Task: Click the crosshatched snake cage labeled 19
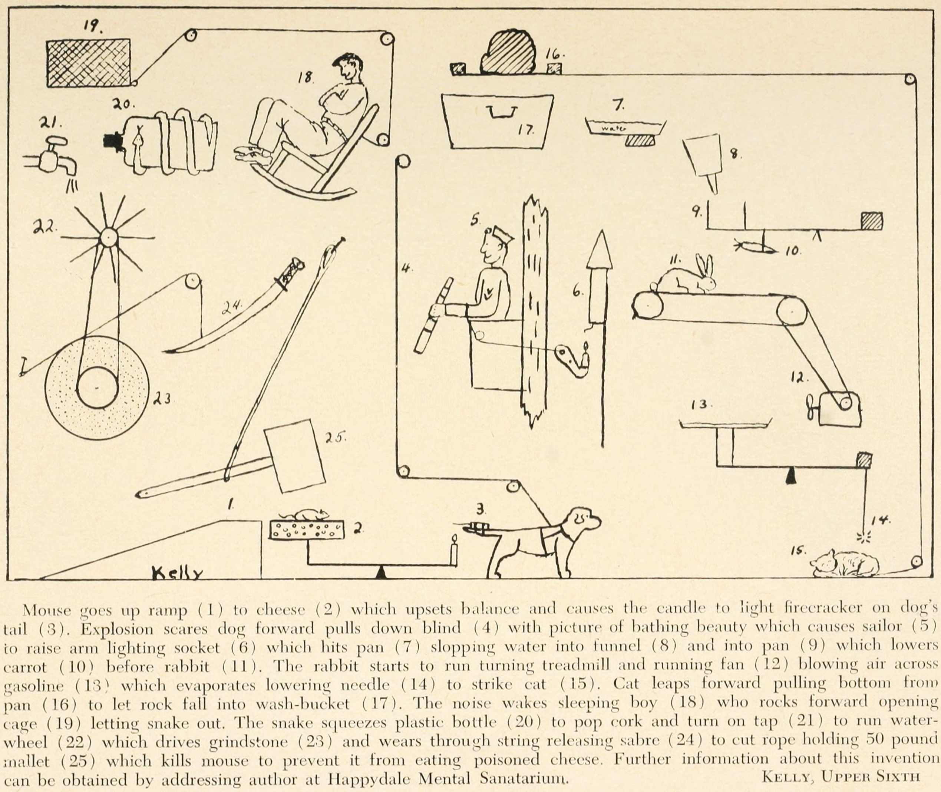coord(89,62)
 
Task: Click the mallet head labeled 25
coord(294,456)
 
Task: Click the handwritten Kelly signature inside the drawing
coord(177,572)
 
